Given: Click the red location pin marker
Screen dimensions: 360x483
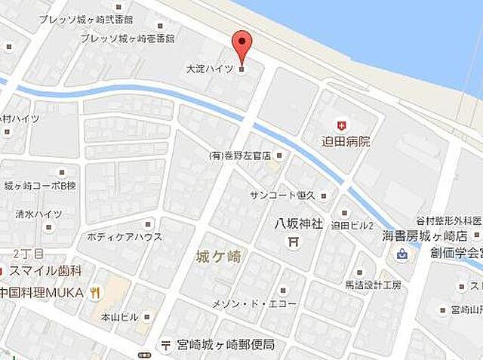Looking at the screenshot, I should click(241, 48).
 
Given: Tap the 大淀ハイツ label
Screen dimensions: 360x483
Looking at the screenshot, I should click(209, 69).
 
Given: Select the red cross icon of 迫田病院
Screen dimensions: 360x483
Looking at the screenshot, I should click(342, 125).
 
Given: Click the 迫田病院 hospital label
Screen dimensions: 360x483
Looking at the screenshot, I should click(346, 141).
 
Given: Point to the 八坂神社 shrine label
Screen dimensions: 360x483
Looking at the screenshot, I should click(297, 223).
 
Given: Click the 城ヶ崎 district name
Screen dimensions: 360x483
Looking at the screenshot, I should click(218, 257).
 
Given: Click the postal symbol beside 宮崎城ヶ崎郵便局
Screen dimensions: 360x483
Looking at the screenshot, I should click(165, 346).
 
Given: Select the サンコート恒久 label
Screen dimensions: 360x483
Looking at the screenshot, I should click(283, 195).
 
